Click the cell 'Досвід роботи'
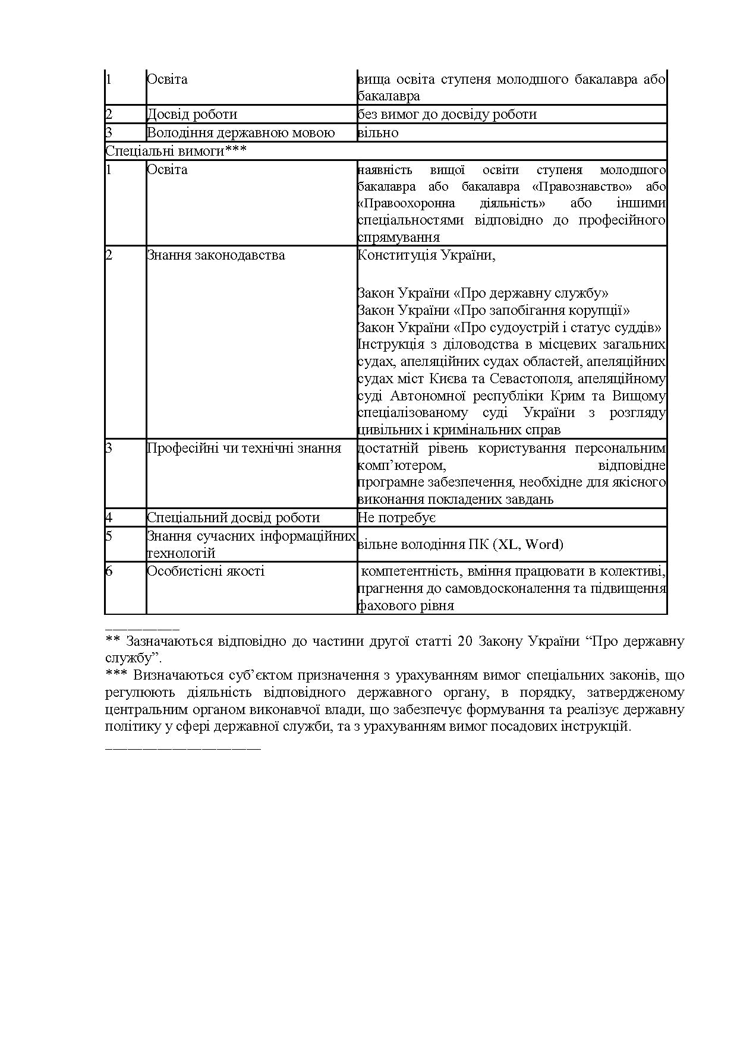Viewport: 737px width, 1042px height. pyautogui.click(x=192, y=114)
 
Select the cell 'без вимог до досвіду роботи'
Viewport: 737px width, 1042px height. pyautogui.click(x=447, y=114)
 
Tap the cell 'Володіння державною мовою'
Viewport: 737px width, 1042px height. pyautogui.click(x=241, y=132)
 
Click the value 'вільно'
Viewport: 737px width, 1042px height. pyautogui.click(x=378, y=132)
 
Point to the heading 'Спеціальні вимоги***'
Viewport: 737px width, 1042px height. pyautogui.click(x=176, y=151)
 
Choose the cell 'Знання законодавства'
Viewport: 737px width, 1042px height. pyautogui.click(x=216, y=255)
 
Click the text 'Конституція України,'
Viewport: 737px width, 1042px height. pyautogui.click(x=426, y=255)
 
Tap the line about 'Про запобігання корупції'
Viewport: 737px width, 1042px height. pyautogui.click(x=493, y=310)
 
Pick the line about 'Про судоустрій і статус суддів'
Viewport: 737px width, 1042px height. pyautogui.click(x=509, y=327)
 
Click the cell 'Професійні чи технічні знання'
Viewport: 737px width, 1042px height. pyautogui.click(x=244, y=448)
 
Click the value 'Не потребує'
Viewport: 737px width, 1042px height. pyautogui.click(x=397, y=517)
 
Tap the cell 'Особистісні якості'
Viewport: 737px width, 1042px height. pyautogui.click(x=206, y=571)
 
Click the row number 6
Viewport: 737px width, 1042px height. pyautogui.click(x=109, y=571)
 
